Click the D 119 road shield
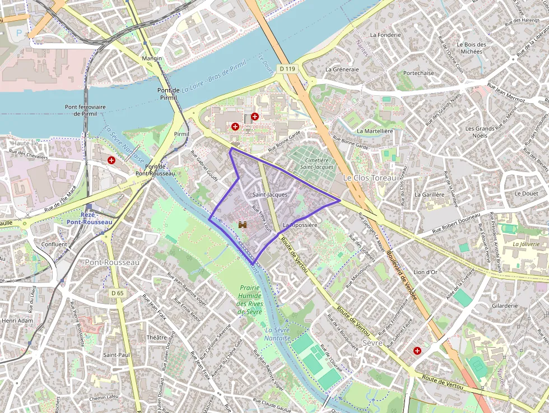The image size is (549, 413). pos(286,69)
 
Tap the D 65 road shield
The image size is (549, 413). pos(117,293)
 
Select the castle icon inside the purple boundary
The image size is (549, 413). pos(243,225)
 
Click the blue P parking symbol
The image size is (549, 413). pos(21,33)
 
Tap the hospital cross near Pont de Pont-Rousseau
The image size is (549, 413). pos(111,160)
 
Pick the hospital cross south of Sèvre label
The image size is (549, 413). pos(417,351)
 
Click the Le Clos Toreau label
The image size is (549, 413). pos(369,178)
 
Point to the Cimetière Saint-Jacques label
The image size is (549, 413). pos(317,163)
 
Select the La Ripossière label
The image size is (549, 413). pos(300,225)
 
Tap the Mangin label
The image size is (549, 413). pos(152,58)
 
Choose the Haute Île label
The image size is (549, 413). pos(25,143)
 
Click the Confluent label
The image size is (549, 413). pos(54,244)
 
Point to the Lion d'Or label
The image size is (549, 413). pos(425,272)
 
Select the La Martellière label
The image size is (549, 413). pos(375,131)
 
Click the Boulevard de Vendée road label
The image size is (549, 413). pos(401,275)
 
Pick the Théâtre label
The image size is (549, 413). pos(156,337)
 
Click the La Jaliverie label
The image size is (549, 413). pos(526,244)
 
